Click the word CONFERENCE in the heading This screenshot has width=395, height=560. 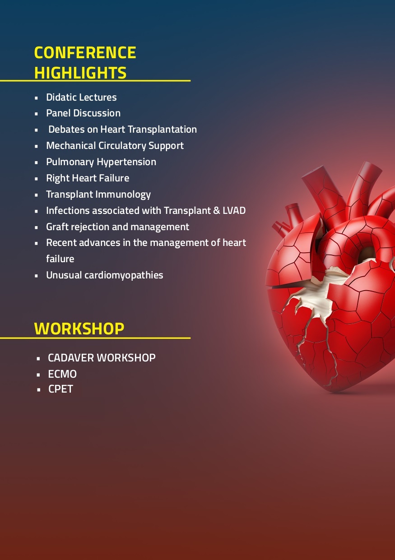coord(85,52)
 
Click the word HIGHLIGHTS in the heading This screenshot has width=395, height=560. coord(80,73)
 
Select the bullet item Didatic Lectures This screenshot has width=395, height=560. coord(81,97)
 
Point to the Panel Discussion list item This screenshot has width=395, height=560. coord(84,113)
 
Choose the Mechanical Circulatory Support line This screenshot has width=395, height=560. coord(115,146)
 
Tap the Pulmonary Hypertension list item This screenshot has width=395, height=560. coord(101,162)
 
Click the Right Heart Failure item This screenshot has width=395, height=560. coord(88,178)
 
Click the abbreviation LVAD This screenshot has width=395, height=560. coord(234,210)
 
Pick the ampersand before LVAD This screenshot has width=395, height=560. coord(217,210)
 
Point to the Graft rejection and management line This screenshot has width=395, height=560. coord(117,227)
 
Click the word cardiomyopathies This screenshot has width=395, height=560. coord(124,275)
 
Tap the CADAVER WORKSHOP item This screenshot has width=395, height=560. coord(102,358)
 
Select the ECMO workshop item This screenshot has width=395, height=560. coord(62,374)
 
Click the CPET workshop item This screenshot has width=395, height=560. coord(61,389)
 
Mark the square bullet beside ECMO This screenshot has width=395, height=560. coord(38,375)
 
